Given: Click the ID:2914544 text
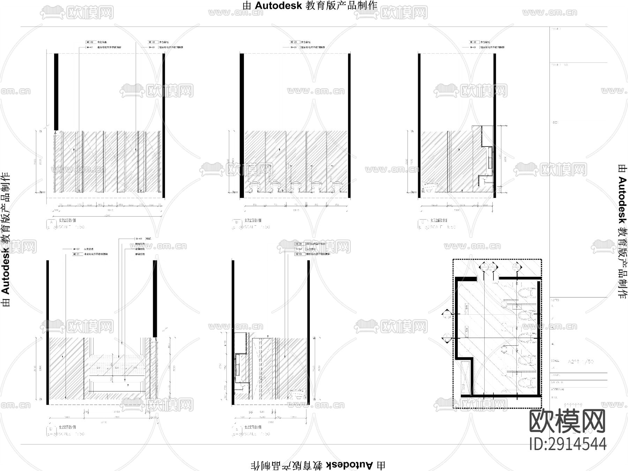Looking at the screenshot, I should (x=568, y=444).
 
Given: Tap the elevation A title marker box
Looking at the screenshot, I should (x=51, y=222).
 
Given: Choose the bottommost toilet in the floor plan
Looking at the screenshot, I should (x=527, y=383).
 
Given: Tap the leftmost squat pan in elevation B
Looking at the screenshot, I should (x=255, y=186).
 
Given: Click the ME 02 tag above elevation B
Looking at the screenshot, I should (x=294, y=42).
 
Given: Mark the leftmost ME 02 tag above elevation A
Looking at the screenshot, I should (x=90, y=42).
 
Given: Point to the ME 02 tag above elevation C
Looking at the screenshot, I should (x=473, y=42).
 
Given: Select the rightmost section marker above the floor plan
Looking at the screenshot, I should (x=516, y=268).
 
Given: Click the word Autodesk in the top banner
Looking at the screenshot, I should (x=279, y=6).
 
